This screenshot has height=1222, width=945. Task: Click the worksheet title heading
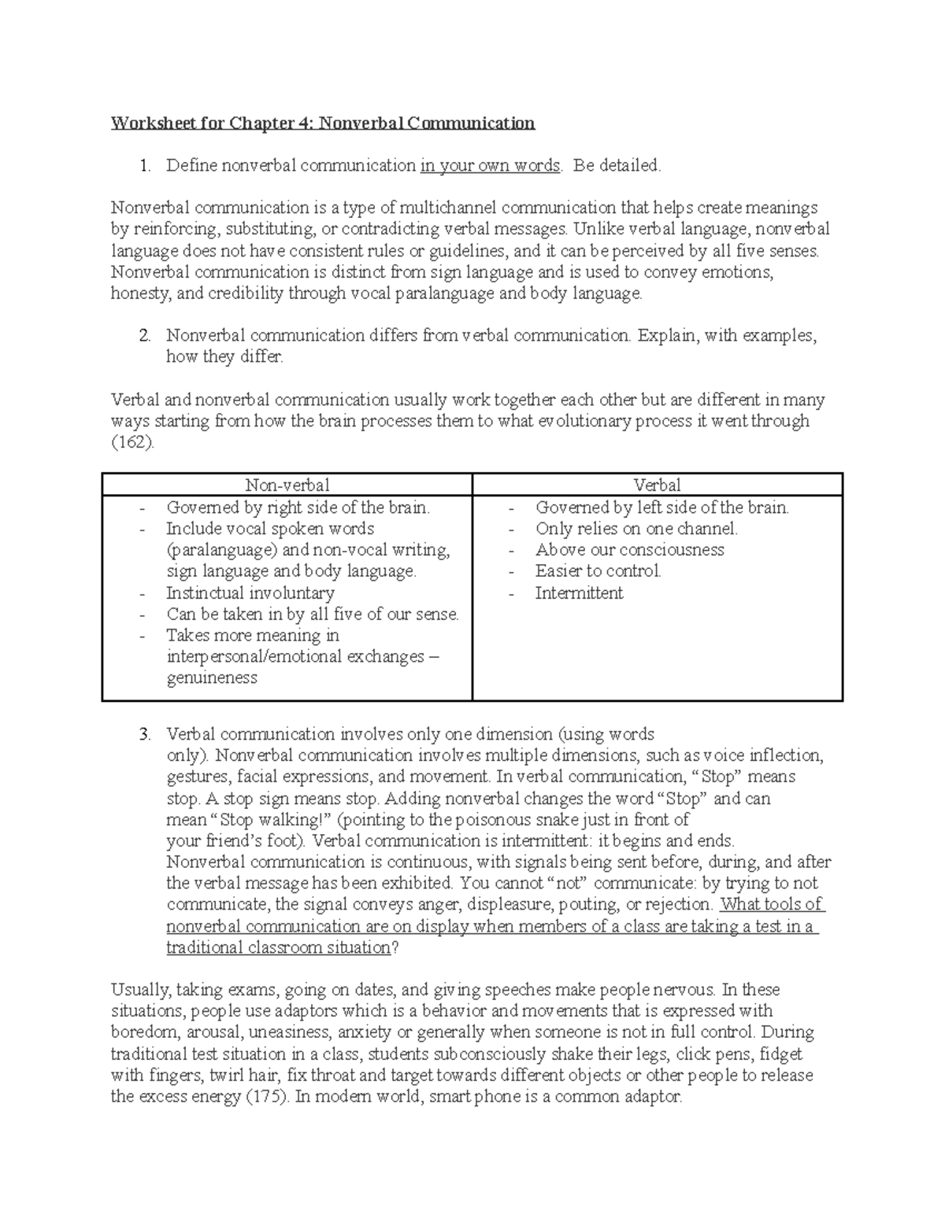(x=323, y=123)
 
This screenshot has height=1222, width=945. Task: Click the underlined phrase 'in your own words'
(x=490, y=165)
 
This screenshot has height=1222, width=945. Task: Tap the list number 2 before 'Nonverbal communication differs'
(x=144, y=336)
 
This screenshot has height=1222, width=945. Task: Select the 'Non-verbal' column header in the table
(x=287, y=485)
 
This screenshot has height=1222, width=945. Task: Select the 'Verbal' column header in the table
(x=657, y=485)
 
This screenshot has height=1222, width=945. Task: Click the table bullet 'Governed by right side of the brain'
(x=298, y=508)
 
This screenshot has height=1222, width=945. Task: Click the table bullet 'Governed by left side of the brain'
(x=661, y=508)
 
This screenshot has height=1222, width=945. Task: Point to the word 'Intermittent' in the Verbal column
(x=579, y=593)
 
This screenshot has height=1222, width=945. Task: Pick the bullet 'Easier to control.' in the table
(x=598, y=571)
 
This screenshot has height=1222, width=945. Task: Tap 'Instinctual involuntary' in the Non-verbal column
(x=250, y=593)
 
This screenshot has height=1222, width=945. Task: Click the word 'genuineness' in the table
(x=212, y=678)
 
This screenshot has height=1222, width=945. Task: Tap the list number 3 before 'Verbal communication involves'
(x=144, y=735)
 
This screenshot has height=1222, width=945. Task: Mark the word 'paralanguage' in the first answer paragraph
(x=445, y=294)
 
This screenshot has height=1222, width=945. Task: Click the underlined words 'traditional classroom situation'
(x=278, y=948)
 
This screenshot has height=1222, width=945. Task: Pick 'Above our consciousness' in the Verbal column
(x=629, y=550)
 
